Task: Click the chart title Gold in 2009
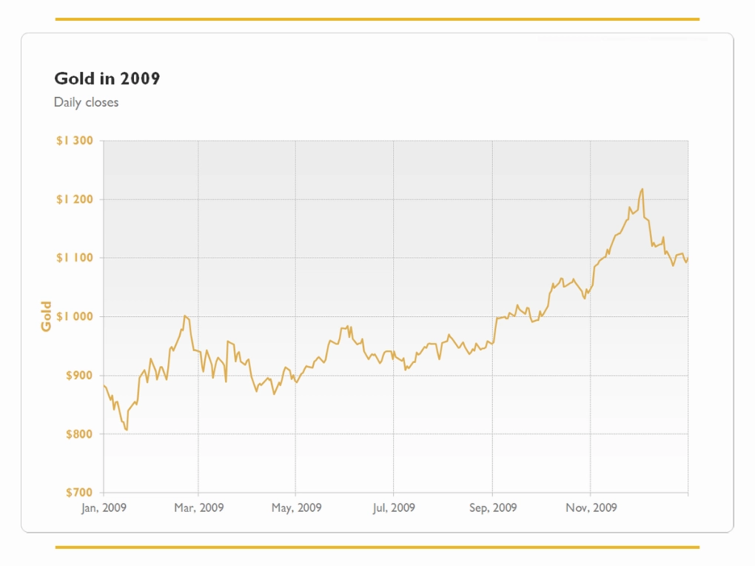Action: click(x=107, y=78)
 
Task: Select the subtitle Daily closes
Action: click(x=86, y=102)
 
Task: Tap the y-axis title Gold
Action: click(x=46, y=316)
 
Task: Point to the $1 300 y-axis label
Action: click(x=75, y=140)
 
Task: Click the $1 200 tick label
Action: click(x=75, y=199)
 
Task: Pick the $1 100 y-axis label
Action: click(x=75, y=258)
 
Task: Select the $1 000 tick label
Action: click(x=75, y=316)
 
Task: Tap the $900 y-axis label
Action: click(x=79, y=375)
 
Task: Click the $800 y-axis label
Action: click(x=79, y=434)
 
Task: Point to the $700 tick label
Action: click(x=79, y=492)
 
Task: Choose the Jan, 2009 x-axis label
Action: click(x=104, y=507)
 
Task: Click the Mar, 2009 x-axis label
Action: click(x=199, y=507)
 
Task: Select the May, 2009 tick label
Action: click(x=296, y=507)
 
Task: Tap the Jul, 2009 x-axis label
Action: click(x=393, y=507)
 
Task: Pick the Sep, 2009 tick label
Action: click(x=492, y=507)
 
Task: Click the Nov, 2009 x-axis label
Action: click(x=591, y=507)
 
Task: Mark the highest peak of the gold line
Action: click(x=642, y=189)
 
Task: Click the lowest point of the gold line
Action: click(x=127, y=430)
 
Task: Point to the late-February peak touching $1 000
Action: click(x=185, y=316)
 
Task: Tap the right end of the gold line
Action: click(x=688, y=258)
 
